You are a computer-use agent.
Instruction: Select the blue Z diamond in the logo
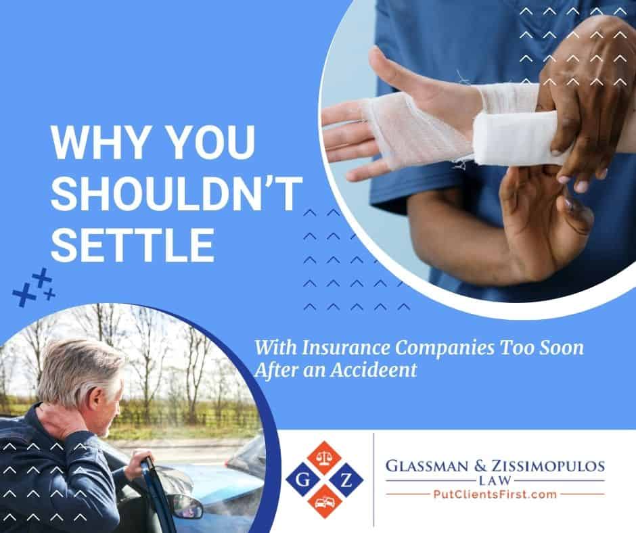coord(346,481)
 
